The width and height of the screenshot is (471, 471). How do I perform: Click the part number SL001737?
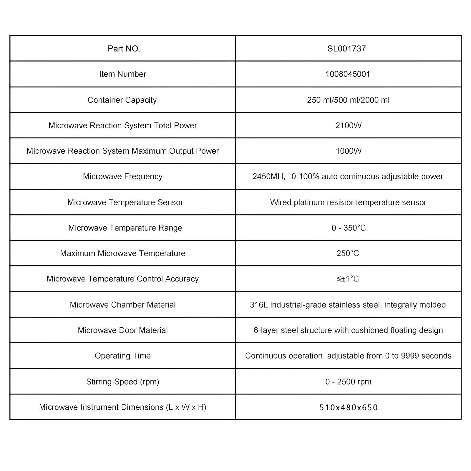(x=346, y=49)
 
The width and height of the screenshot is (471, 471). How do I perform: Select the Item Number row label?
(x=122, y=74)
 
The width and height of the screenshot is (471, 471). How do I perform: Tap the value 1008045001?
(x=348, y=74)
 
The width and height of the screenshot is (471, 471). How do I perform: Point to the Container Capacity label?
(x=122, y=100)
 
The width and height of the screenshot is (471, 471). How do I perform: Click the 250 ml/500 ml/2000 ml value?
(x=348, y=100)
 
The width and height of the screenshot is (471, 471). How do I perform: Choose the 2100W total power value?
(x=348, y=126)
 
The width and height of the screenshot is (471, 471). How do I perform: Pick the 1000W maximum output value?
(x=349, y=151)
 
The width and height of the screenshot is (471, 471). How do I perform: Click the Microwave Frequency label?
(x=122, y=177)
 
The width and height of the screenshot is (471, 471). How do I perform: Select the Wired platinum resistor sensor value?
(x=348, y=203)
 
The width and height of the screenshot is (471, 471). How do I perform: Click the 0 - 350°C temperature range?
(x=349, y=228)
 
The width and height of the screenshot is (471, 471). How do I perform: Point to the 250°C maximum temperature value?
(x=348, y=253)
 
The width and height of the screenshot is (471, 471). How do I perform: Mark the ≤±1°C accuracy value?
(x=348, y=279)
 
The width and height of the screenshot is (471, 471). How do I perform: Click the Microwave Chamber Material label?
(x=122, y=305)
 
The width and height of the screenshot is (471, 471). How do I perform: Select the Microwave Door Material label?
(x=122, y=330)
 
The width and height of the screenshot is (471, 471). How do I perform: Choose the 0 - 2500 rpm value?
(x=348, y=382)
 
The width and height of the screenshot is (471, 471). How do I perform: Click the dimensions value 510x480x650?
(x=349, y=407)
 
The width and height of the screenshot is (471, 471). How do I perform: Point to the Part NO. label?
(x=124, y=49)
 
